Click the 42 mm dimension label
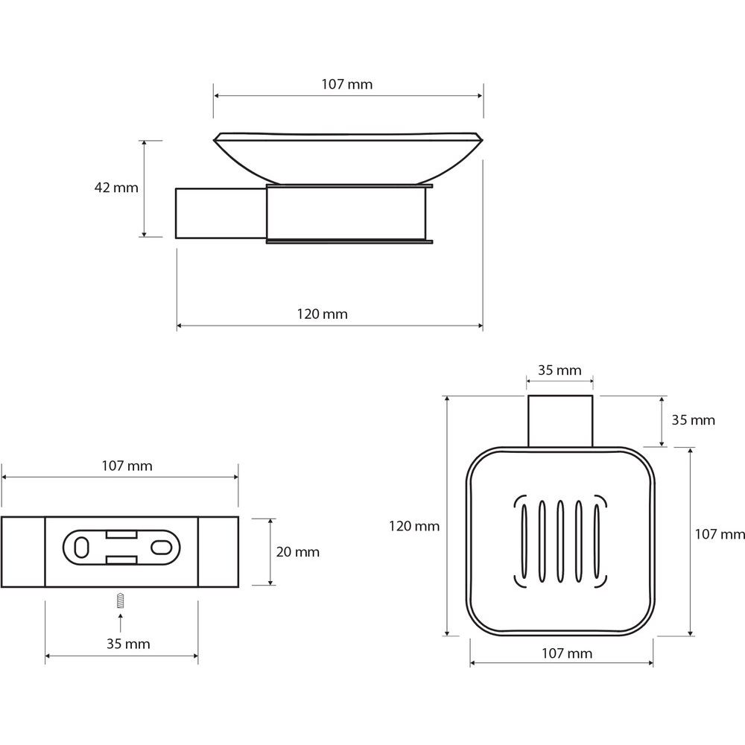pos(116,188)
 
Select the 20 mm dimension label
pos(297,552)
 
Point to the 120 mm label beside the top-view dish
pos(414,526)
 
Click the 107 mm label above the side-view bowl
pos(347,84)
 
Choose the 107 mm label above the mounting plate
pos(127,466)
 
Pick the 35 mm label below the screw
pos(128,644)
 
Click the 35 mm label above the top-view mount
pos(559,370)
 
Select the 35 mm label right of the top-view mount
pos(693,420)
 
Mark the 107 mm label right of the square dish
pos(719,533)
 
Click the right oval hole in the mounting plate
pos(160,548)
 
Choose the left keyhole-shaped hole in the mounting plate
pos(80,548)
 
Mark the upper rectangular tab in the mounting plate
pos(119,534)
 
